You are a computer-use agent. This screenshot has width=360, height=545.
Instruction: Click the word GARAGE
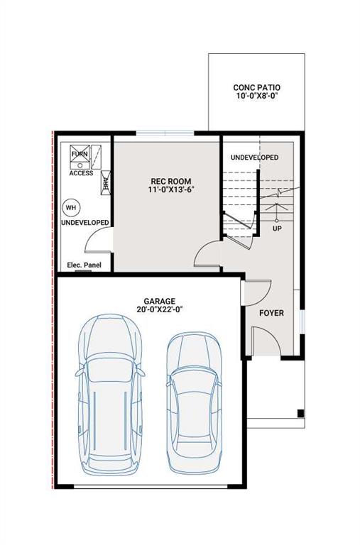click(158, 302)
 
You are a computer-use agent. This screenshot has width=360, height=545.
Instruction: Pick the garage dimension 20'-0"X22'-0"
click(158, 311)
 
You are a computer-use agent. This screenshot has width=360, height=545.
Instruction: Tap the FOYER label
click(271, 312)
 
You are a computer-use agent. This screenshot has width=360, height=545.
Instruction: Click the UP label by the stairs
click(277, 229)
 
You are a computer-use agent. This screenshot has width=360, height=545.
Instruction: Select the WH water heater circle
click(71, 207)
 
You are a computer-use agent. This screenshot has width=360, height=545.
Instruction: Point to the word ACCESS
click(81, 173)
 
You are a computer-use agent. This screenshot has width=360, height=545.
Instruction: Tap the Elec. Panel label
click(84, 265)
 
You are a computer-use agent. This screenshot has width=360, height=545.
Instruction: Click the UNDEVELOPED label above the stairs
click(254, 157)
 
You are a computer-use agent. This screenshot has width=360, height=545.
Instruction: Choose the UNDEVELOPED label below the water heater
click(84, 223)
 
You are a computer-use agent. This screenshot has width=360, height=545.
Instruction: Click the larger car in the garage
click(110, 394)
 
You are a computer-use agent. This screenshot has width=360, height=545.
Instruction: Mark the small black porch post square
click(300, 414)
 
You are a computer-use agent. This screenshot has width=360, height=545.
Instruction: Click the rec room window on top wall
click(165, 133)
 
